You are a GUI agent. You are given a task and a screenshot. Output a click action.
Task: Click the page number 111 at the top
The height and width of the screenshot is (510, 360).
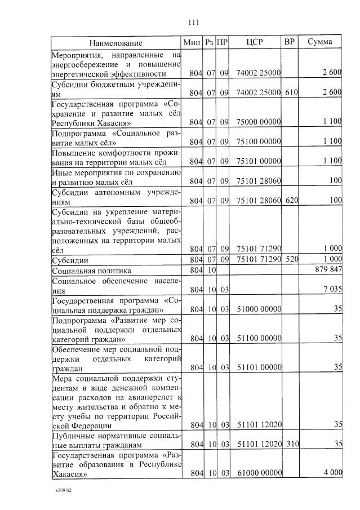point(193,23)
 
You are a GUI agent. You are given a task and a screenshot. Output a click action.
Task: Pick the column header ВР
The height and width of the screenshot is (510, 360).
point(290,42)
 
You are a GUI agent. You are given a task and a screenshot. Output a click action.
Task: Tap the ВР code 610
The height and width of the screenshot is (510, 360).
point(291,92)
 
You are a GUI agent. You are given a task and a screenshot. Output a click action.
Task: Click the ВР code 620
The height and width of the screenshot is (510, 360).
point(291,200)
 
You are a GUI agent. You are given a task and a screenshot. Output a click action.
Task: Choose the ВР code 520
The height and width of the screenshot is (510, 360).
point(291,259)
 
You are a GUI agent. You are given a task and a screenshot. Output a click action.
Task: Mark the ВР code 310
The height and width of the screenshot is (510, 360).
point(291,444)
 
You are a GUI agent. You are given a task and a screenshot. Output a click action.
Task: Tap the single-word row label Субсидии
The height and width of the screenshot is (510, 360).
point(69,260)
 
